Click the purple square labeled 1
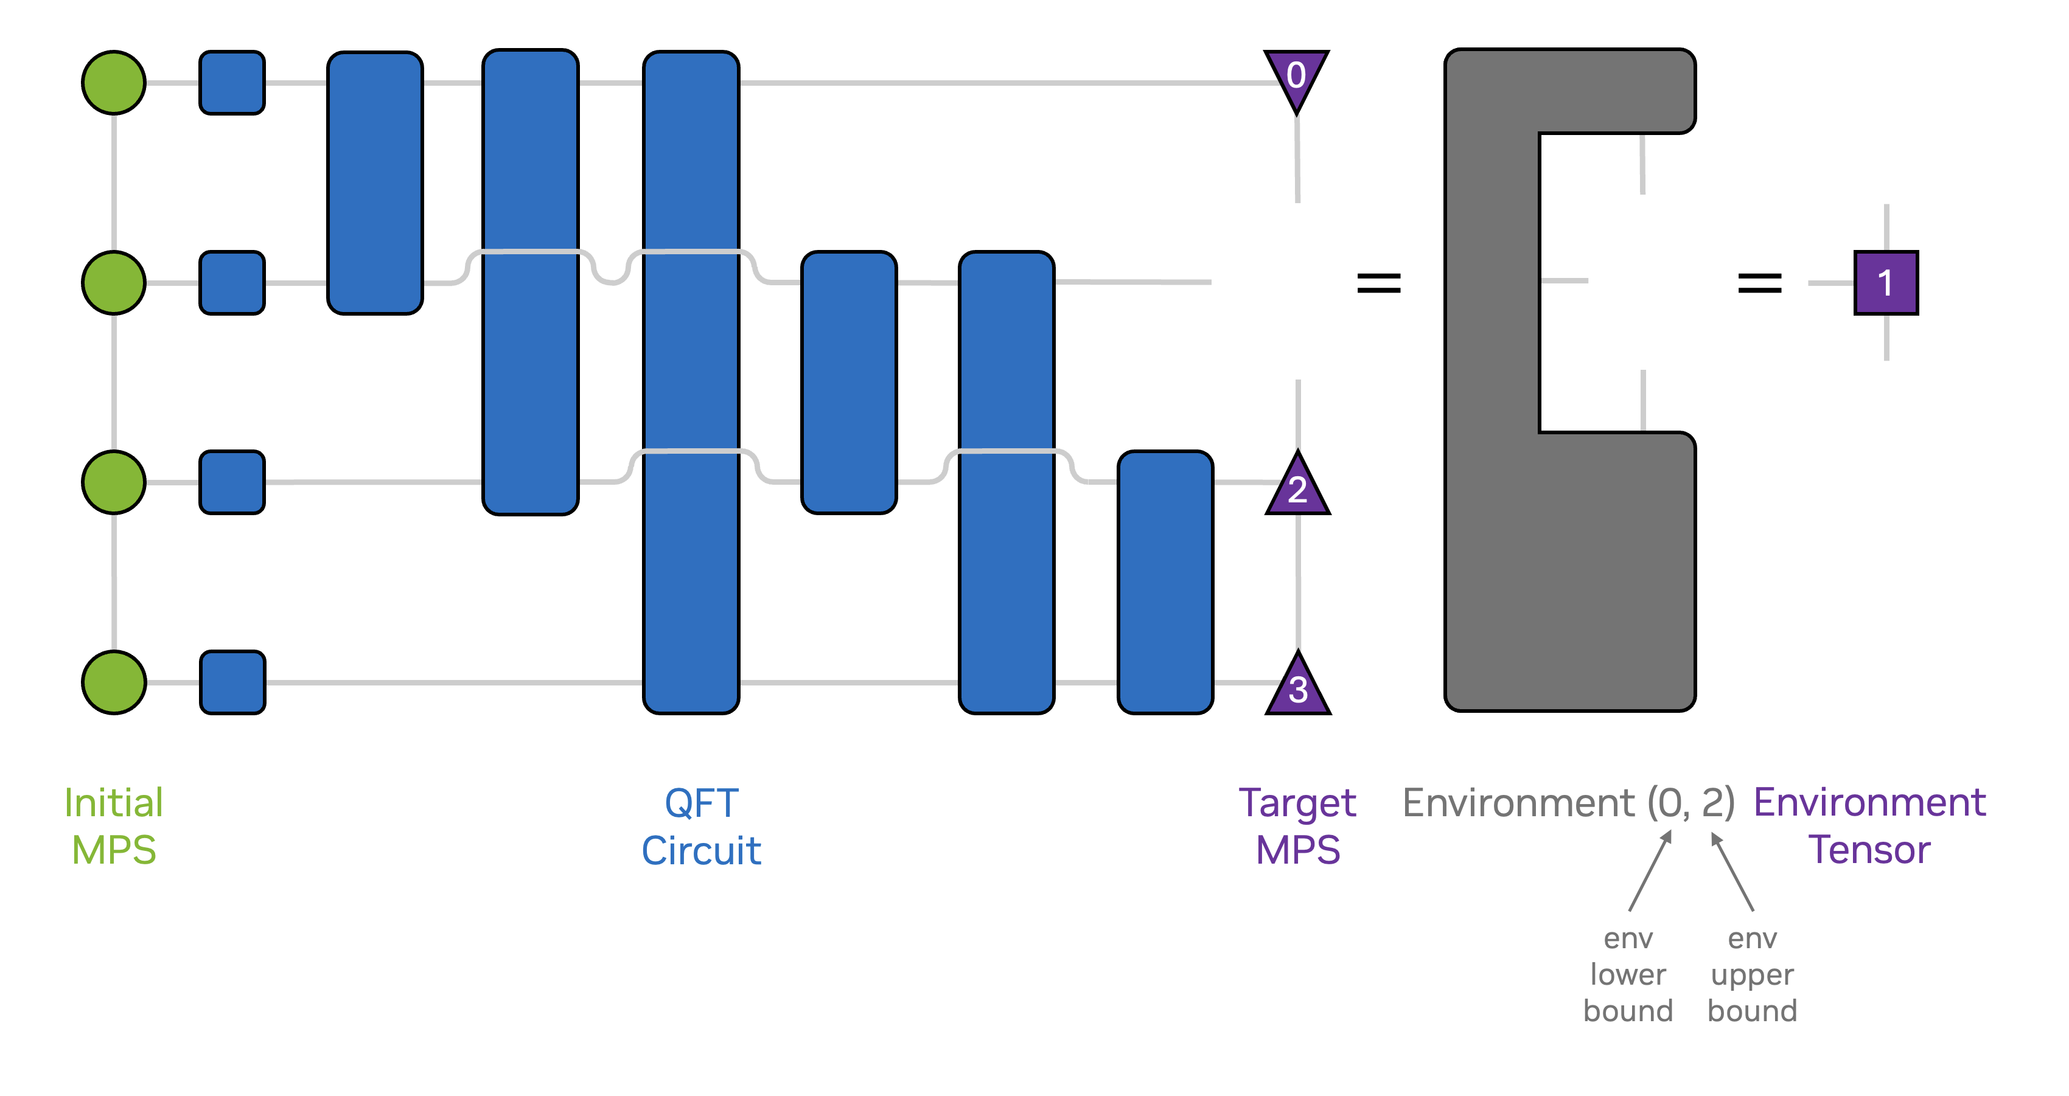pos(1885,283)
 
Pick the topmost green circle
pos(114,83)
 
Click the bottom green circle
pos(114,682)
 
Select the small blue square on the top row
pos(232,83)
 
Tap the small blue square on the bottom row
pos(232,682)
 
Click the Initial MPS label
pos(114,826)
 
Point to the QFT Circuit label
pos(701,826)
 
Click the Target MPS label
pos(1297,826)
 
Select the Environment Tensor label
pos(1869,826)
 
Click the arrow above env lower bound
pos(1650,870)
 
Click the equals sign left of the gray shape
pos(1378,283)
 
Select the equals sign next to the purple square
pos(1759,283)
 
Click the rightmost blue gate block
pos(1165,582)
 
